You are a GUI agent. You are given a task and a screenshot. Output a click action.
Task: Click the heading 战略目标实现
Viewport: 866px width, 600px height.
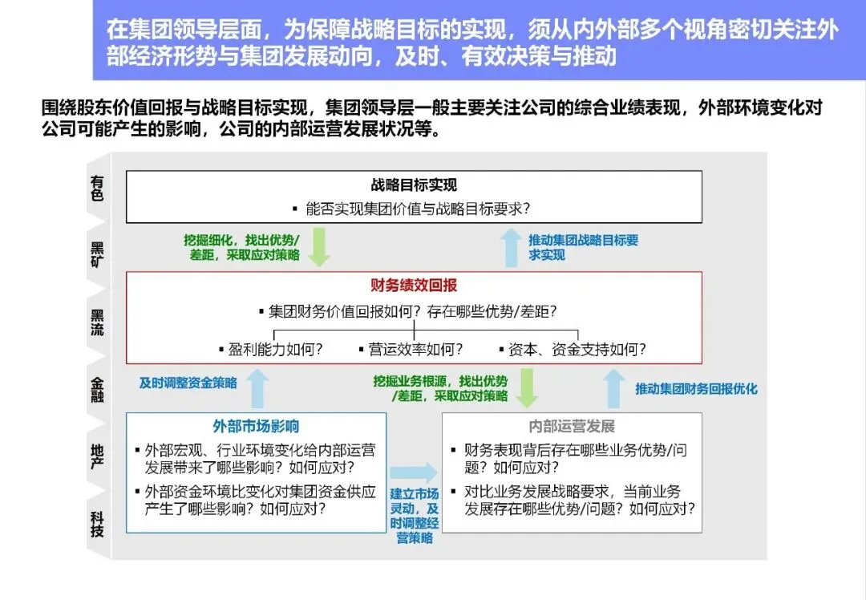(x=414, y=185)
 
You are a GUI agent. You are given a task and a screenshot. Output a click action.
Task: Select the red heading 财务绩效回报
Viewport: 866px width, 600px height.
(x=414, y=286)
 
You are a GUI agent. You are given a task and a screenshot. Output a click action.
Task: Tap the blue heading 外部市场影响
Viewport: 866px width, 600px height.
(x=256, y=426)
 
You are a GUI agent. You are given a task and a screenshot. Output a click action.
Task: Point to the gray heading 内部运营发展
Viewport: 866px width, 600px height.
(x=572, y=426)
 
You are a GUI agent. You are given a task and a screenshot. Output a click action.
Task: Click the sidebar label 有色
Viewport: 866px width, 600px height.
(x=97, y=189)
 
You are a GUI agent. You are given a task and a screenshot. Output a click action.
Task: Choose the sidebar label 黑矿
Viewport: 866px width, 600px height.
(x=97, y=253)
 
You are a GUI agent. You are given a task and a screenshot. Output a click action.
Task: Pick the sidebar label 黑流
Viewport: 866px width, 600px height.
(x=97, y=322)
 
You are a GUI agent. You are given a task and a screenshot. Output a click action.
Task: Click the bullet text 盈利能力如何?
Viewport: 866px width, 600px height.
(x=270, y=350)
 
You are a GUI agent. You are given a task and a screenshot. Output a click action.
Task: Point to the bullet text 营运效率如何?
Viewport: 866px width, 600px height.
(x=411, y=350)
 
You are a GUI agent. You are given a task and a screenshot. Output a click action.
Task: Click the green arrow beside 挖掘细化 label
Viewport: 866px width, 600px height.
(x=320, y=246)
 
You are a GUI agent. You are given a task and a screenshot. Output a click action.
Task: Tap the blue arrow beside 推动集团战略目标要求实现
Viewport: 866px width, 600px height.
(x=510, y=246)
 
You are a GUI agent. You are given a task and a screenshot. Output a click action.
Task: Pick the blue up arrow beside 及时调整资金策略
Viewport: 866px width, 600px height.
(x=257, y=388)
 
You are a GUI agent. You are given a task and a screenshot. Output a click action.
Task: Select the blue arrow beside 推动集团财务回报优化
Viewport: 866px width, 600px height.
(x=613, y=388)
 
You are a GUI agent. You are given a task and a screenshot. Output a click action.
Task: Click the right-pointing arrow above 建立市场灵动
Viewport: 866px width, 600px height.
(x=414, y=472)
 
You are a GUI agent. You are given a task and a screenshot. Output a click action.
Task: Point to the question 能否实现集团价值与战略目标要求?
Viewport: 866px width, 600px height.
(x=418, y=209)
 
